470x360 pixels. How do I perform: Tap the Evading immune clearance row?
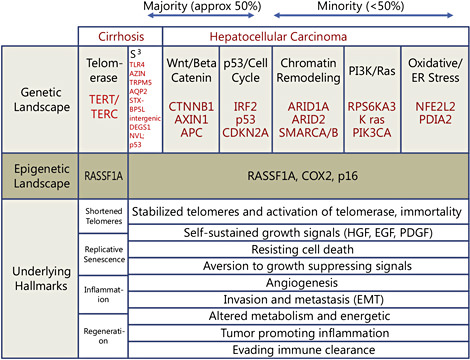point(298,349)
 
